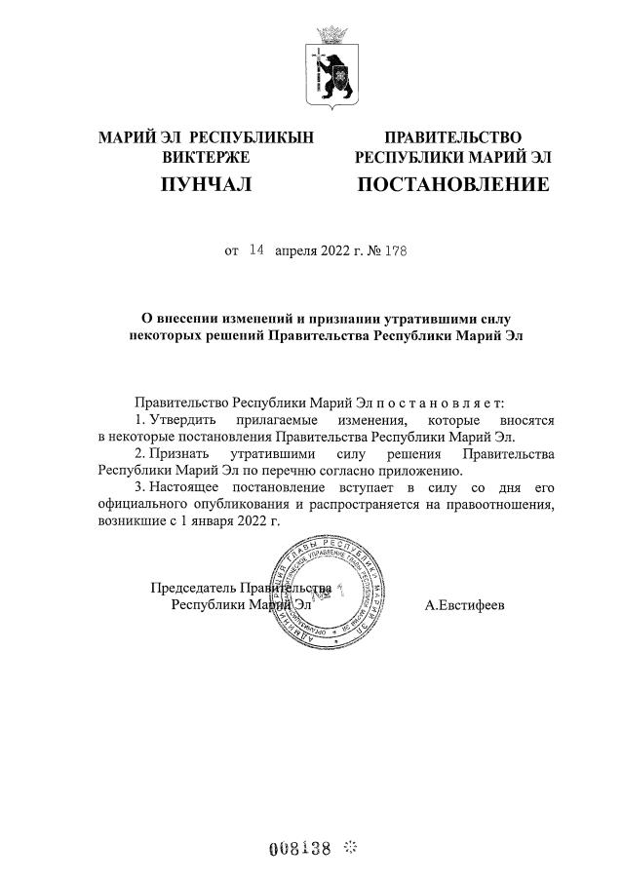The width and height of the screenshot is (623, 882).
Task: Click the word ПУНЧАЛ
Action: tap(206, 183)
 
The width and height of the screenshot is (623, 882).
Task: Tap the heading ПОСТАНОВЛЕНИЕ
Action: tap(453, 183)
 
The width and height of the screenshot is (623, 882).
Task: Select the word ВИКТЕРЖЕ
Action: tap(206, 157)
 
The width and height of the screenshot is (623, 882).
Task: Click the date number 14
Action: tap(256, 249)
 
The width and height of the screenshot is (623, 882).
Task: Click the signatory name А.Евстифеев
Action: tap(465, 604)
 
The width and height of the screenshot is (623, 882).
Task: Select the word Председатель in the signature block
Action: tap(194, 588)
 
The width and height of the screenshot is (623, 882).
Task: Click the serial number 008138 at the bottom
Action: tap(300, 848)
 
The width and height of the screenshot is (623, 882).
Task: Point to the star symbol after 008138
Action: tap(351, 848)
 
